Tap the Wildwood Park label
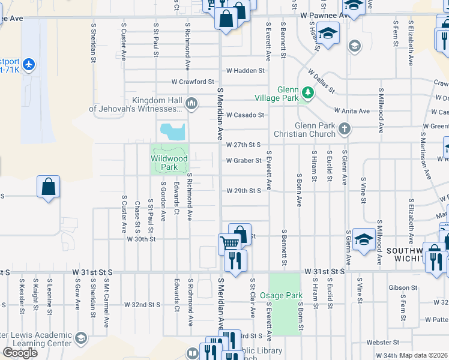[169, 163]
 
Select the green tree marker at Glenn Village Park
[307, 92]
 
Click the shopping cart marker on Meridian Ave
[229, 242]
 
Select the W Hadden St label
[245, 71]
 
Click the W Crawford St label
[192, 82]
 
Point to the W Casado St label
[245, 115]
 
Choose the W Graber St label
[244, 160]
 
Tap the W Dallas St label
[321, 82]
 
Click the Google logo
[20, 352]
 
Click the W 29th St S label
[244, 191]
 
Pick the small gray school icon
[355, 46]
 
